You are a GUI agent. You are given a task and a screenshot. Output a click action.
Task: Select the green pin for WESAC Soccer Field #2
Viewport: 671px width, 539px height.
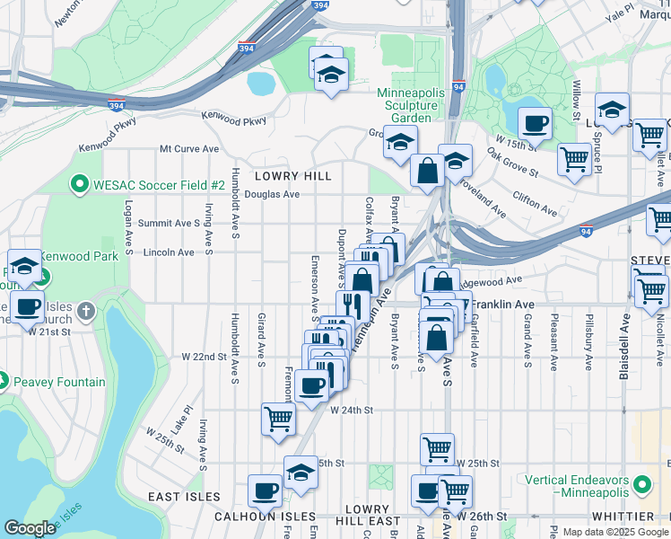pos(80,185)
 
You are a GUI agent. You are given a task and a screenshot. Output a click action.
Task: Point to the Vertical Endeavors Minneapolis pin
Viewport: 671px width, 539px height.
pos(641,486)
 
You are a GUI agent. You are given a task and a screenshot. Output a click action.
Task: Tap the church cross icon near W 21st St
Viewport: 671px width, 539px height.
pos(85,312)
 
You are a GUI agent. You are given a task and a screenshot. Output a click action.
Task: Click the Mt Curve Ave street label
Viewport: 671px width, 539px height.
pos(189,149)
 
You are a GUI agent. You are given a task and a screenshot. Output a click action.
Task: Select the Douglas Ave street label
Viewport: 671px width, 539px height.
pos(271,194)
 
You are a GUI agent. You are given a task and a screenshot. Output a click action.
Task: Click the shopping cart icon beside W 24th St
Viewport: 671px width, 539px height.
pos(278,418)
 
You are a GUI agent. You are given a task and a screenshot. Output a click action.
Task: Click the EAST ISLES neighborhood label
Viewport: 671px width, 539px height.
pos(184,497)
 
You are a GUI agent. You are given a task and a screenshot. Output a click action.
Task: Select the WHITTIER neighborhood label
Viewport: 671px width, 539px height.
pos(623,517)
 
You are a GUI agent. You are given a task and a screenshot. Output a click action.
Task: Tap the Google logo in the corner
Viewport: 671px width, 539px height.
pos(30,528)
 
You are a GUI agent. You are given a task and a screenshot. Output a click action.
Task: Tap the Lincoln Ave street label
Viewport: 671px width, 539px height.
pos(169,253)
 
